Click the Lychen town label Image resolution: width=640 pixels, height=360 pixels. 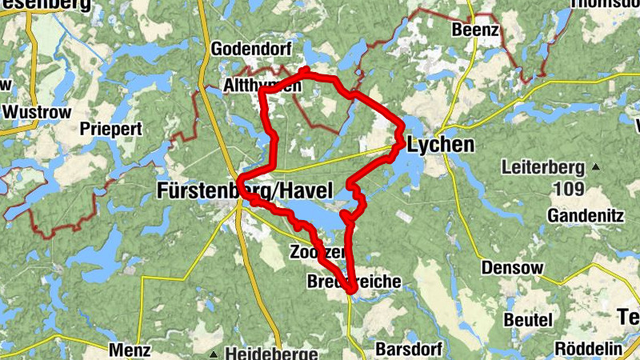pos(441,146)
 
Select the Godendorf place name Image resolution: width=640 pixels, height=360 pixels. pos(250,49)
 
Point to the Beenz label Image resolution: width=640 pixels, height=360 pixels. pos(475,30)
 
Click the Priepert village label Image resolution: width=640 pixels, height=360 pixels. pos(111,128)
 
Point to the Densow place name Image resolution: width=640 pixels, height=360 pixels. pos(512,267)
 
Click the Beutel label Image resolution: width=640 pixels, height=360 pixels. pos(528,319)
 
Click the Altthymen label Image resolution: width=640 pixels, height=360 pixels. pos(262,86)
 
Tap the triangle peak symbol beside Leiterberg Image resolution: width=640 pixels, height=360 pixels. pos(596,167)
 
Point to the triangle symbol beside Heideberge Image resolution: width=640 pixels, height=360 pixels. pos(214,353)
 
